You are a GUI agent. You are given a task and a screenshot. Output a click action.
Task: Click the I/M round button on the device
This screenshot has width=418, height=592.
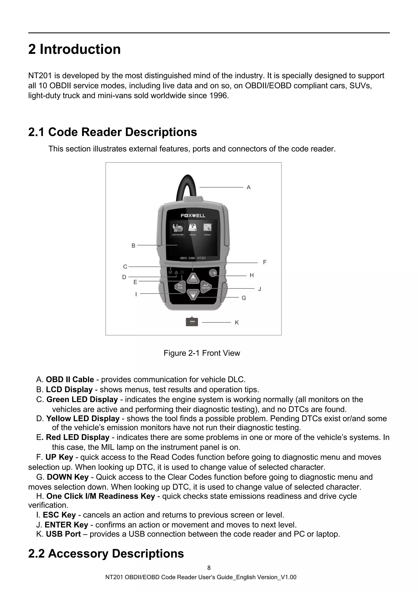[213, 273]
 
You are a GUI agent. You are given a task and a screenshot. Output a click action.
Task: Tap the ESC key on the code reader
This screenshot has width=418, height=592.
[180, 287]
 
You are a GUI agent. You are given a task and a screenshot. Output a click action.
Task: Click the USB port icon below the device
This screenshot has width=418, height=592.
[192, 322]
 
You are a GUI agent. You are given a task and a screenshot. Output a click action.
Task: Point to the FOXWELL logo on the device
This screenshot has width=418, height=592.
[193, 215]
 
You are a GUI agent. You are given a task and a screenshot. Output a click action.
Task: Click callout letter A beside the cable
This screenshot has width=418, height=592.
[249, 188]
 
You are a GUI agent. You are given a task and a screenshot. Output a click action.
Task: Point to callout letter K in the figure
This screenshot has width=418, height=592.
[237, 323]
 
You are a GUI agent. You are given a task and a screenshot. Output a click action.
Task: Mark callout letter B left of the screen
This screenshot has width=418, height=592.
[133, 246]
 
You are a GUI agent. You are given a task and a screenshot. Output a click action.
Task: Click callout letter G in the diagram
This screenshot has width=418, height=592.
[244, 298]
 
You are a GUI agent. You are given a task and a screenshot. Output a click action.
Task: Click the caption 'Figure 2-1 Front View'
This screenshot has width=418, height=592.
[202, 353]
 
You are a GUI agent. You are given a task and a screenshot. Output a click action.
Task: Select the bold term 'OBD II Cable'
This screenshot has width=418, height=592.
[70, 380]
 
